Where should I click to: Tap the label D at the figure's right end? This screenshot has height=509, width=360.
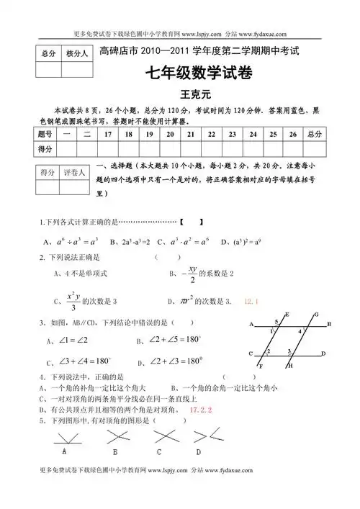(x=324, y=353)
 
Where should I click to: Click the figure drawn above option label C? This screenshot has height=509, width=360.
(x=160, y=436)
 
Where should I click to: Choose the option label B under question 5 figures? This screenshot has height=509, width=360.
(x=115, y=452)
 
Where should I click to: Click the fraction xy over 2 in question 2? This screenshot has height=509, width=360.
(x=192, y=274)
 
